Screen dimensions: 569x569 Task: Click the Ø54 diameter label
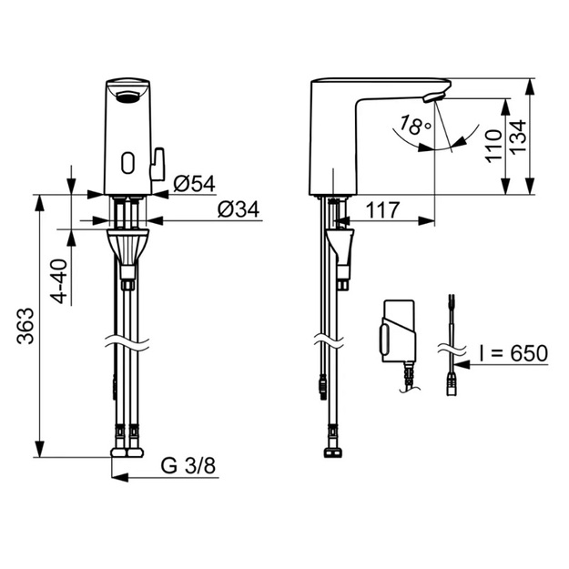click(194, 184)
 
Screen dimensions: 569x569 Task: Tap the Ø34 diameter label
click(239, 209)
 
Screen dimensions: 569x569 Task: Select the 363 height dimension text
click(26, 326)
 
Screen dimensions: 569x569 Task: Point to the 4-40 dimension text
click(59, 281)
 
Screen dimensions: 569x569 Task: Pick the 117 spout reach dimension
click(382, 209)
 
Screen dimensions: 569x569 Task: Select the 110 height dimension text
click(493, 147)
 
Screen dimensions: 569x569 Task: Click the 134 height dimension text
click(518, 136)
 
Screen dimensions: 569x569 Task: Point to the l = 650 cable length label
click(513, 353)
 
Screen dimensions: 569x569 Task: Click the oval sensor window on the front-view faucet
click(127, 162)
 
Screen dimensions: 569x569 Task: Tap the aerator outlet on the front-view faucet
click(127, 97)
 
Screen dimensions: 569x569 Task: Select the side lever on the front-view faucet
click(157, 164)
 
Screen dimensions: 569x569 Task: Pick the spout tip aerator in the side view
click(433, 97)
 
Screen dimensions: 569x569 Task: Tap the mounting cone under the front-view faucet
click(127, 248)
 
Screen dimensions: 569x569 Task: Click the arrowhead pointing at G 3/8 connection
click(120, 477)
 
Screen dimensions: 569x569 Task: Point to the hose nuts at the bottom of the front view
click(127, 452)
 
